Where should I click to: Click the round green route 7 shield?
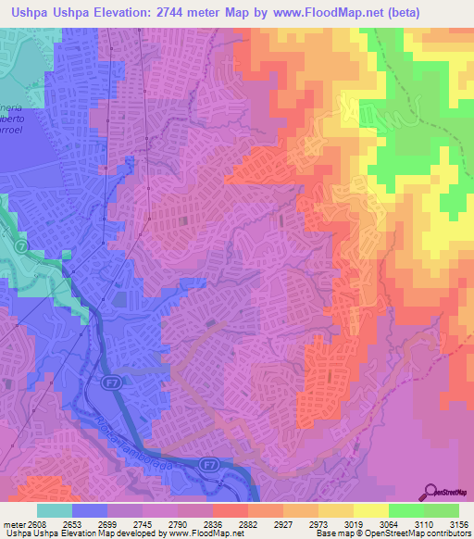22,249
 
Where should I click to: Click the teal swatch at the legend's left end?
54,510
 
